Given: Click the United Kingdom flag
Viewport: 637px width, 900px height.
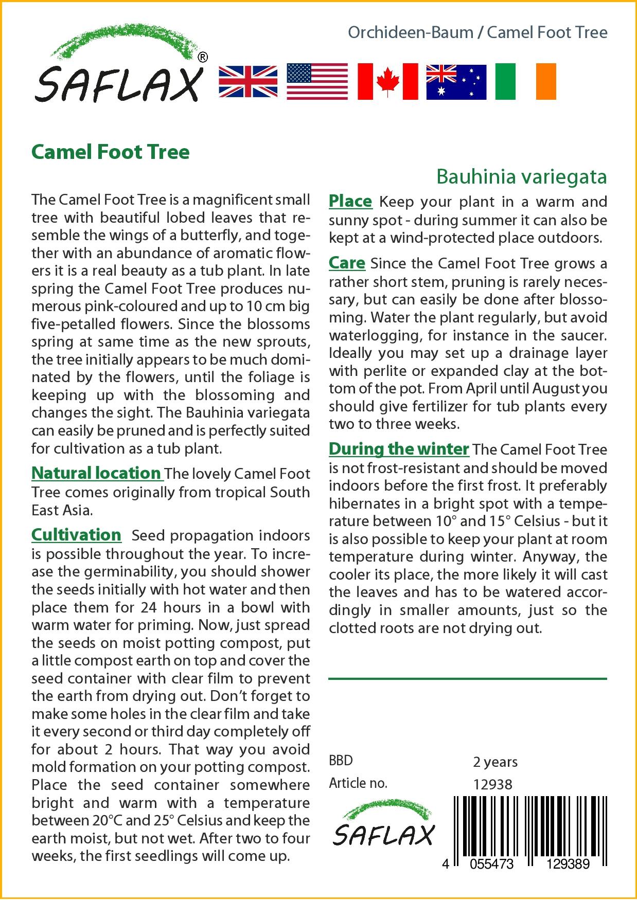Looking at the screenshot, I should click(x=248, y=81).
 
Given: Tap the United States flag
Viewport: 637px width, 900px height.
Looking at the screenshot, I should click(x=317, y=81).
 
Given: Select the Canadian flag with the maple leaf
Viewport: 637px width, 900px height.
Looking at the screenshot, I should click(x=387, y=81).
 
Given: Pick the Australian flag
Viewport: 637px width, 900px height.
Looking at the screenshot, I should click(x=456, y=82).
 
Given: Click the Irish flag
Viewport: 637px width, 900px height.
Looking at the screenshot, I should click(x=525, y=81).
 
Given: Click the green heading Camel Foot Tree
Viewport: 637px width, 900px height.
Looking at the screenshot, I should click(x=111, y=152).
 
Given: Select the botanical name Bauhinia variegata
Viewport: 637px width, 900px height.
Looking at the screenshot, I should click(x=521, y=176).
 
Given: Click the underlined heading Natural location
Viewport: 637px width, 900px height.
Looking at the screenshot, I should click(x=96, y=473).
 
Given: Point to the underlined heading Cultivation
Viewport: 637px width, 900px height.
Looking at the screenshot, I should click(x=76, y=535).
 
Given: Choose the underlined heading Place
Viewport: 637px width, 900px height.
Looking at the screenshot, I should click(x=350, y=201).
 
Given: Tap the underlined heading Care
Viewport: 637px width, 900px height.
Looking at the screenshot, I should click(x=347, y=263).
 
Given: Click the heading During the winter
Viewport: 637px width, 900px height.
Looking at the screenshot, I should click(x=399, y=449).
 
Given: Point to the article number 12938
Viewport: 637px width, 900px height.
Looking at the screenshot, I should click(x=492, y=784).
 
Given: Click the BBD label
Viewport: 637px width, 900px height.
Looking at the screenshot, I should click(x=341, y=761).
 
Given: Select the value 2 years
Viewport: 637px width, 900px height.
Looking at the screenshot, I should click(x=495, y=762).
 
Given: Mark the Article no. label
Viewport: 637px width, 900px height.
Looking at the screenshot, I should click(x=358, y=783).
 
